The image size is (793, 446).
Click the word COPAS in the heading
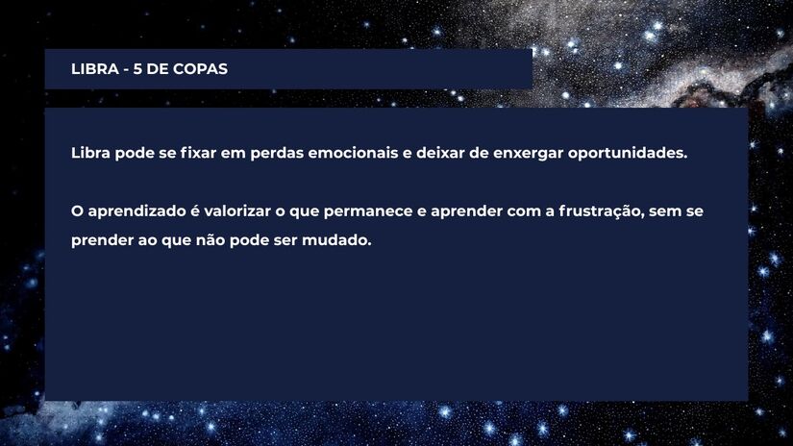coord(201,69)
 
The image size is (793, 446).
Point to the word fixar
coord(198,153)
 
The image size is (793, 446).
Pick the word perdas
coord(276,153)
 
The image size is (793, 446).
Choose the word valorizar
coord(242,211)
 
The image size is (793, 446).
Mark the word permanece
coord(371,211)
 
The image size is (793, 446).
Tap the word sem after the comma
coord(664,211)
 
